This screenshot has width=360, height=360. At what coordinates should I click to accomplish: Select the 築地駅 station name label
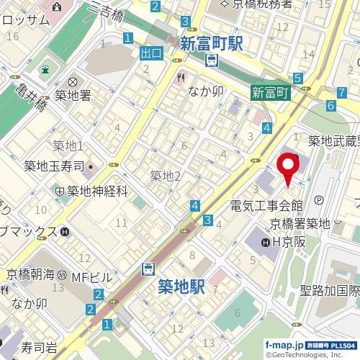[181, 287]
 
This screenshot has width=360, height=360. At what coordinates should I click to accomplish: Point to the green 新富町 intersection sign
[270, 92]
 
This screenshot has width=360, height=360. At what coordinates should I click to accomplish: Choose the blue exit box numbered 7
[340, 92]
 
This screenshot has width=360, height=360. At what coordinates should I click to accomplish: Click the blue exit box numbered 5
[297, 78]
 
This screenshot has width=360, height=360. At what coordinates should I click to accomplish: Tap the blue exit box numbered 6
[330, 105]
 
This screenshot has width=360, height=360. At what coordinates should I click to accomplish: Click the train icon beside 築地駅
[148, 269]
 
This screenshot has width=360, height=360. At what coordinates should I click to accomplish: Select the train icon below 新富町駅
[211, 61]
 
